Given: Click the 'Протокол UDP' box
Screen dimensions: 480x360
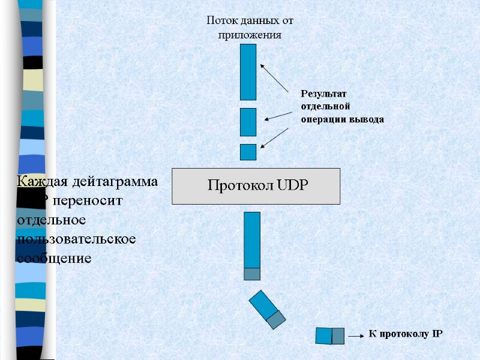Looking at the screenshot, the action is [256, 186].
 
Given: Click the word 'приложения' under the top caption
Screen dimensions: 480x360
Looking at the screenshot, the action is [250, 35].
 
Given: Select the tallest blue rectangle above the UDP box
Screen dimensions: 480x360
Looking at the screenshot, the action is [248, 72].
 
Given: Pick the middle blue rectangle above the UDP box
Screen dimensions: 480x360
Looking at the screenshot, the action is [248, 122].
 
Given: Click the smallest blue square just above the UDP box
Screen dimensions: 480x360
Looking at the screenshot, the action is [248, 152].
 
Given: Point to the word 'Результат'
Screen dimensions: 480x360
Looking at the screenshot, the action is [323, 94].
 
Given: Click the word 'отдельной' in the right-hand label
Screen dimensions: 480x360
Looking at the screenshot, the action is [325, 107].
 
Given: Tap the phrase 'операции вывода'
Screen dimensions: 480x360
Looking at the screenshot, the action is [342, 119].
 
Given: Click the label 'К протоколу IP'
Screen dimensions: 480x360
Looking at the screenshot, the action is [404, 334].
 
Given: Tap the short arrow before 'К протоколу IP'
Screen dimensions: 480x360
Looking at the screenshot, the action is [356, 337].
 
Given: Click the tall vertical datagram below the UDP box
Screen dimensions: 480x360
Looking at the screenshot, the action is [252, 240].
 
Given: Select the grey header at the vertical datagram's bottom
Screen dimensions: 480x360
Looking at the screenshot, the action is [252, 274].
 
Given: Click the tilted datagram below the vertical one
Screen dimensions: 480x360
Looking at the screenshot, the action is [266, 309].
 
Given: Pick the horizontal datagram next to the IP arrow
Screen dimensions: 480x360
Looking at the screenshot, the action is [329, 336].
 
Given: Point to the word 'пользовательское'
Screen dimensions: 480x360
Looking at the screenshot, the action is [77, 239].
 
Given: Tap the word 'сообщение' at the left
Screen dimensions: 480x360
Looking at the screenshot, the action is [54, 258].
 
